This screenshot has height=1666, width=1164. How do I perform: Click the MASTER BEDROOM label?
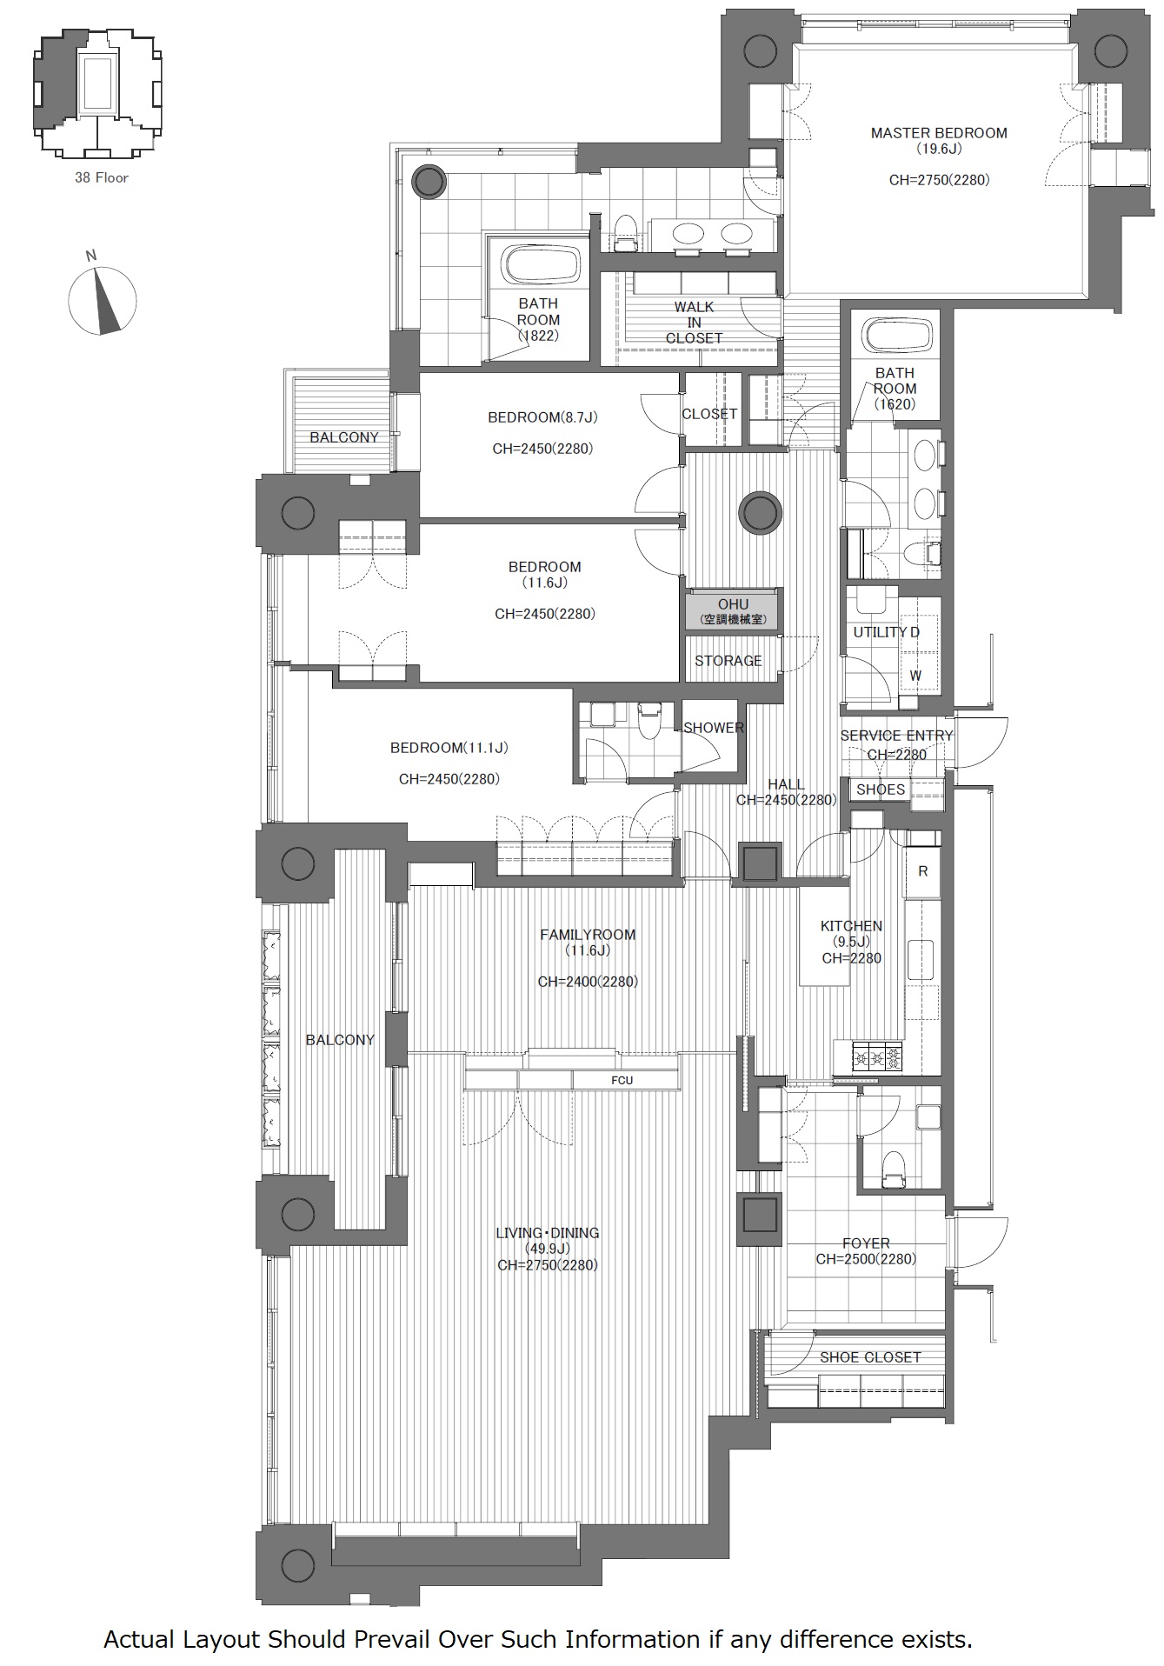[939, 133]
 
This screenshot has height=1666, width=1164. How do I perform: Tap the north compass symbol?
[103, 297]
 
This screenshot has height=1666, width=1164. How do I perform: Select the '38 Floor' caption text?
[102, 177]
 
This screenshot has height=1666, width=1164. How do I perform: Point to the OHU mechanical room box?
[733, 610]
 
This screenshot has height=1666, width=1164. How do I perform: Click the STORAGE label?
[728, 661]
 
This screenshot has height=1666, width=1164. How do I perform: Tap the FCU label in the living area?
[622, 1080]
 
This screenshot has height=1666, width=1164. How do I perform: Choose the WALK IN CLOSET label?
[694, 322]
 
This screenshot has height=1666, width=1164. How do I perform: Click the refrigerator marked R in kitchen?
[923, 871]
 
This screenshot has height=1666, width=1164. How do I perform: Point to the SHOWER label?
[714, 728]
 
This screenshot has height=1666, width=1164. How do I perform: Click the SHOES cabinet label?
[881, 790]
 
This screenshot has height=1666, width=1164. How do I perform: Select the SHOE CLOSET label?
[870, 1357]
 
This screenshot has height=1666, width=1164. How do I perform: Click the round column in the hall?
[760, 513]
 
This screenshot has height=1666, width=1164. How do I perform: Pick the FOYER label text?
[866, 1244]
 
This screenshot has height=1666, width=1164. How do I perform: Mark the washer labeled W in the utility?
[915, 676]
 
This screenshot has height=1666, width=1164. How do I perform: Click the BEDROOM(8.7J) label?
[542, 417]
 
